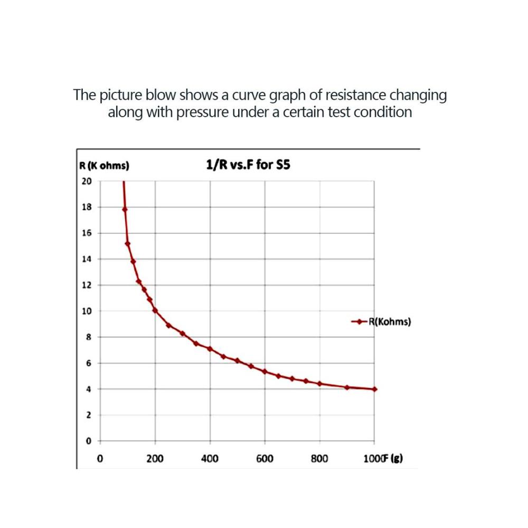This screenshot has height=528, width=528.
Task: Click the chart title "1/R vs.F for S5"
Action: (248, 165)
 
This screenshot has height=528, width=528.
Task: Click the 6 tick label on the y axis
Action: (89, 363)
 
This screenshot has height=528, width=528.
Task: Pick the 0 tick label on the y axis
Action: (89, 441)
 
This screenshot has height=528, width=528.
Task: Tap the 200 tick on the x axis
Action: (155, 459)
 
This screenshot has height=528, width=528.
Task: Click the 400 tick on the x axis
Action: (210, 459)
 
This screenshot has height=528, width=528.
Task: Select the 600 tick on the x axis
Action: (265, 459)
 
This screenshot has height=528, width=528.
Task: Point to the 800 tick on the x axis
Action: (319, 459)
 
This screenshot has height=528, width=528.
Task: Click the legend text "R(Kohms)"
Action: (390, 321)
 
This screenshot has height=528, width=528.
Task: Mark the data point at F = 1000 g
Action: (374, 389)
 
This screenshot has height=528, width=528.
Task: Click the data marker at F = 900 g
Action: (347, 387)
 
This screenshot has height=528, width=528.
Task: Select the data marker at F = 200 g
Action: (155, 310)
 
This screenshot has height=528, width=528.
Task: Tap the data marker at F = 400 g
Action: (210, 348)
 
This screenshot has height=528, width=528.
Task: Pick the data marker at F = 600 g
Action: (265, 371)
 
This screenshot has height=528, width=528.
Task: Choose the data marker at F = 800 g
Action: (319, 383)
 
